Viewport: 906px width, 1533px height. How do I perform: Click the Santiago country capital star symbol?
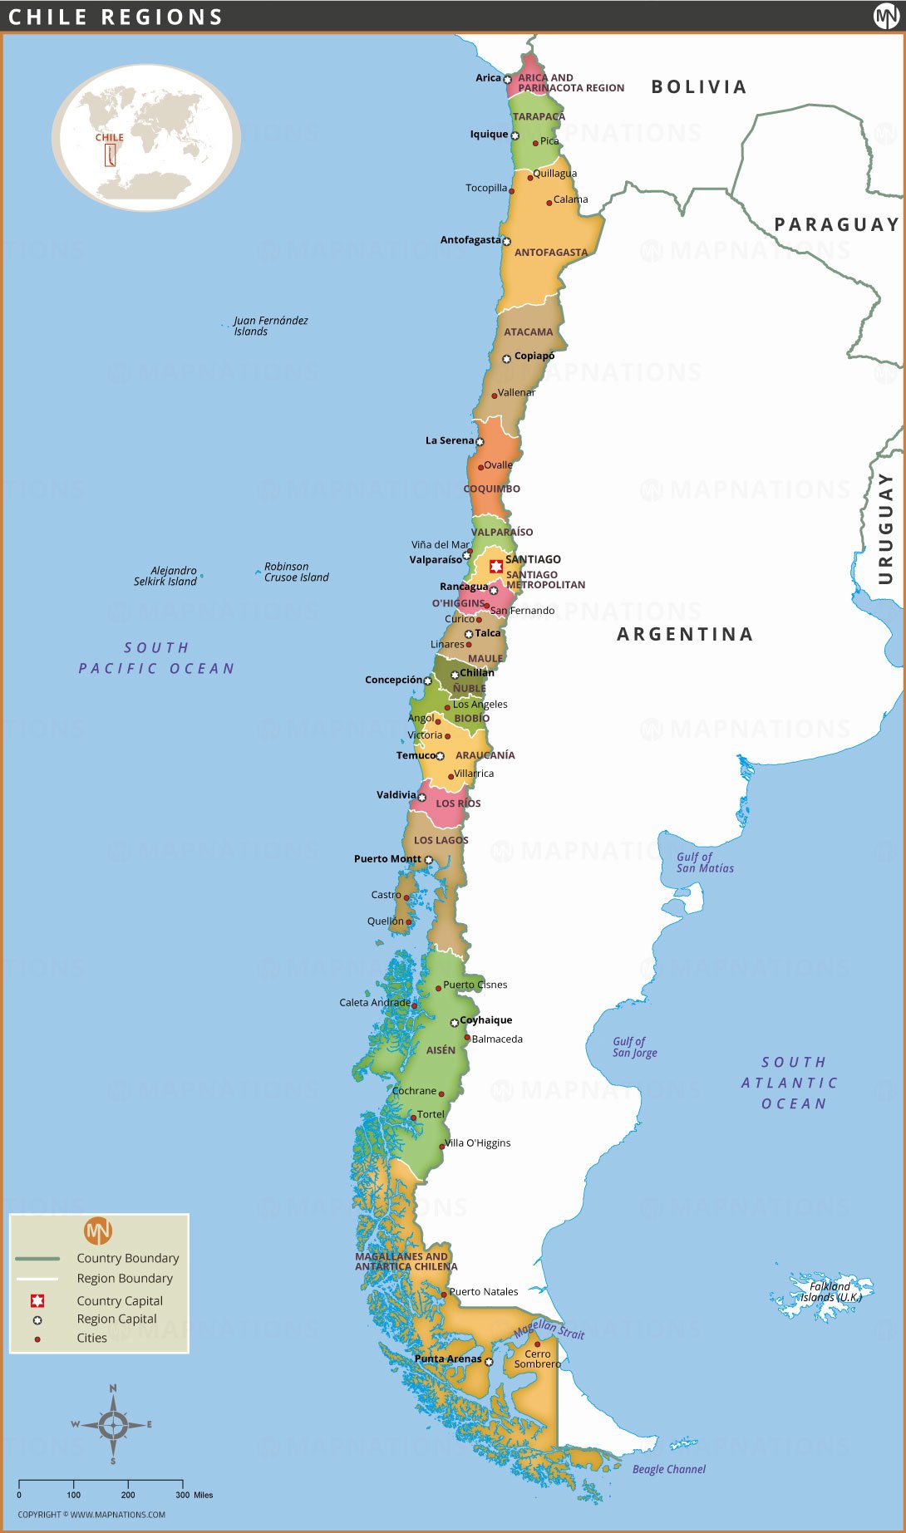click(x=496, y=567)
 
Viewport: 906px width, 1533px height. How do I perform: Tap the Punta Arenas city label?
click(x=448, y=1359)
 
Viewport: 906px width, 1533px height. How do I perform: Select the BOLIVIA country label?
click(x=699, y=87)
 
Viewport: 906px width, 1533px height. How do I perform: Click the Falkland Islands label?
click(x=830, y=1291)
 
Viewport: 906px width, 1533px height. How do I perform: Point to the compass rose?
click(x=113, y=1424)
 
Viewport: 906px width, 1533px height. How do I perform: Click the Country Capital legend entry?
click(x=120, y=1300)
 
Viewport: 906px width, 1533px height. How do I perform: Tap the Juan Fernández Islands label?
click(x=270, y=326)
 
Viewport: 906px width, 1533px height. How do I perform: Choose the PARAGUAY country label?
click(x=836, y=224)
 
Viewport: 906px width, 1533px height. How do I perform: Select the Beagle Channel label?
click(x=668, y=1469)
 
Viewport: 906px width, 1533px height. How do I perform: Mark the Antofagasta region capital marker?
click(x=506, y=241)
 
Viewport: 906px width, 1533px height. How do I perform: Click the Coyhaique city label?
click(x=485, y=1020)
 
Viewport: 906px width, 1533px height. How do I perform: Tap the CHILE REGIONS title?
click(x=116, y=17)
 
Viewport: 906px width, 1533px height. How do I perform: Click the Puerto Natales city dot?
click(x=444, y=1294)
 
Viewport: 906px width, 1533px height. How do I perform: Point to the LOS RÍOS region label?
click(x=458, y=803)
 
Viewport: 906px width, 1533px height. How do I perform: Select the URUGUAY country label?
click(x=885, y=528)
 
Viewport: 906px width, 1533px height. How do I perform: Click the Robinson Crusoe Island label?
click(x=296, y=572)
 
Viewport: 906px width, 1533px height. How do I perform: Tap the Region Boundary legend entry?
click(x=125, y=1278)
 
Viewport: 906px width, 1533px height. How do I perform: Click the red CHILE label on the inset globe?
click(x=109, y=137)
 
